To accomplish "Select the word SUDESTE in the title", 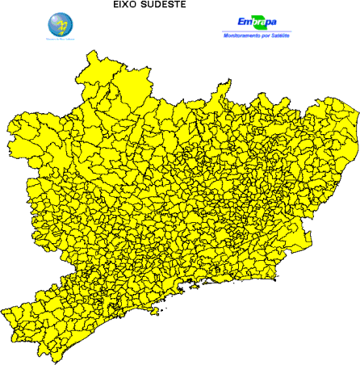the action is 166,5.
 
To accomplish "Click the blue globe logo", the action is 61,23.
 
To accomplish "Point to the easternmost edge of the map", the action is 358,121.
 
